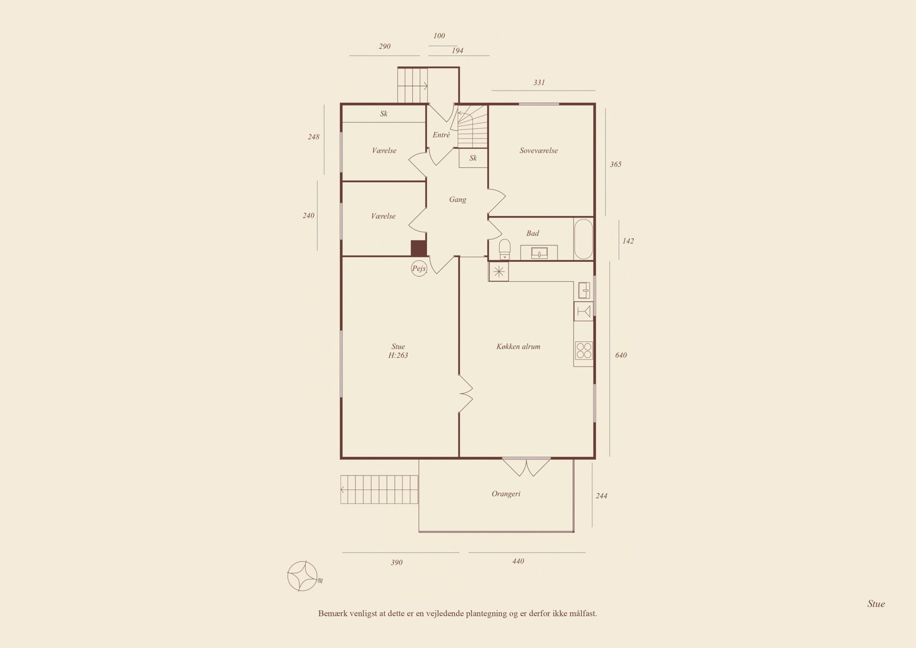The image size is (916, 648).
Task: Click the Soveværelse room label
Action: (539, 150)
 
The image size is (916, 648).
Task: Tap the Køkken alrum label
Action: (518, 346)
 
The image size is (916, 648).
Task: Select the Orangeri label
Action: (506, 494)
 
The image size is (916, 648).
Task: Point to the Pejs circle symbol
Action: (418, 269)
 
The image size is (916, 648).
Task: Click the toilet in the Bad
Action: (504, 249)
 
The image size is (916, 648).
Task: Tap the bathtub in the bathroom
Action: (583, 239)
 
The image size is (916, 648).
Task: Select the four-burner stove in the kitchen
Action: (583, 351)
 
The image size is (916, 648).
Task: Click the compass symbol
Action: (303, 576)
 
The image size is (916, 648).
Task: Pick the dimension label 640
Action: (621, 355)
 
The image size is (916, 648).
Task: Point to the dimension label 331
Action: (539, 83)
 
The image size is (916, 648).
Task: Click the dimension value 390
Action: (397, 563)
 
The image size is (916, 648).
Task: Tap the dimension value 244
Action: (601, 496)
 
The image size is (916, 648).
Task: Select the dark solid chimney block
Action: (418, 248)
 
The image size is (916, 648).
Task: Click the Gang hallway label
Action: (457, 200)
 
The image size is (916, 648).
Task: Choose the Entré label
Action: (441, 135)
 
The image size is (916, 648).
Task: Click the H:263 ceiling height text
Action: (398, 355)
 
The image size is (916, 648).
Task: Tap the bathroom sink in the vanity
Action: (539, 253)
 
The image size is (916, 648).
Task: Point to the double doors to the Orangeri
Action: (526, 466)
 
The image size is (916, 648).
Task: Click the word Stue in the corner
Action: (876, 604)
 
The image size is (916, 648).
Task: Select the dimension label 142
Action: (628, 241)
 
